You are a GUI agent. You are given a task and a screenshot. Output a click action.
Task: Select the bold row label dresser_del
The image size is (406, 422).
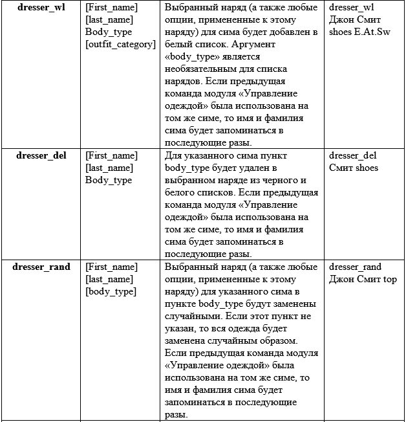tap(41, 155)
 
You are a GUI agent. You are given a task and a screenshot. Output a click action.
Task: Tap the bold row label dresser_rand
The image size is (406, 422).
tap(41, 267)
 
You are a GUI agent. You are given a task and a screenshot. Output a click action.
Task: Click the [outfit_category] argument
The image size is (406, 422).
tap(121, 44)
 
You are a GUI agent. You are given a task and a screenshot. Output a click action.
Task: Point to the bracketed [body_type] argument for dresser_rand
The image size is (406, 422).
tap(111, 291)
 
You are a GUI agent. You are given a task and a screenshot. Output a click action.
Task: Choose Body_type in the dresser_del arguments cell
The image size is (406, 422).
tap(109, 180)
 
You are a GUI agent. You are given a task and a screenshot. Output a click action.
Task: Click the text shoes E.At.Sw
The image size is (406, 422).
tap(359, 32)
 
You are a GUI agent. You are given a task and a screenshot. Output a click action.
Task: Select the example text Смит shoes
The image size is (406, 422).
tap(354, 168)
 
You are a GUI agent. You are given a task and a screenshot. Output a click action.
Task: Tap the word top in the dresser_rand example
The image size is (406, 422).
tap(390, 279)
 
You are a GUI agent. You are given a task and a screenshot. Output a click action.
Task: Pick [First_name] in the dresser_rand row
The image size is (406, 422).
tap(111, 267)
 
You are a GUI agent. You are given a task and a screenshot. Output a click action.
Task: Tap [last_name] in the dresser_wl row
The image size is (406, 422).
tap(109, 19)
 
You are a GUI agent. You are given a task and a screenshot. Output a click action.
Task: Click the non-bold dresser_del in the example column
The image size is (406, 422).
tap(352, 155)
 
